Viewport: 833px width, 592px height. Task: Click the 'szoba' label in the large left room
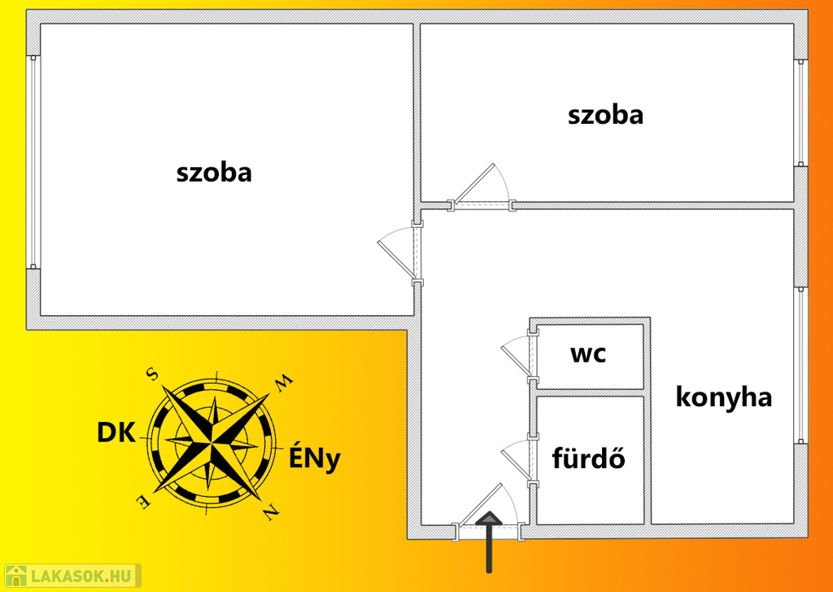point(214,173)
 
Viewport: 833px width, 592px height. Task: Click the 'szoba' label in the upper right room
point(605,115)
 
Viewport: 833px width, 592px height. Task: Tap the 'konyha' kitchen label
point(723,397)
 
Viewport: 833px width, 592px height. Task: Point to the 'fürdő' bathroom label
point(588,458)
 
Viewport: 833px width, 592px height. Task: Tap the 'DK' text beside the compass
point(116,433)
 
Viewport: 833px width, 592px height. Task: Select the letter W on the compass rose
point(281,379)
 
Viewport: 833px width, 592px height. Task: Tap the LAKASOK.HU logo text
point(81,577)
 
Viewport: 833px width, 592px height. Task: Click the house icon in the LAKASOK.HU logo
point(16,576)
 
